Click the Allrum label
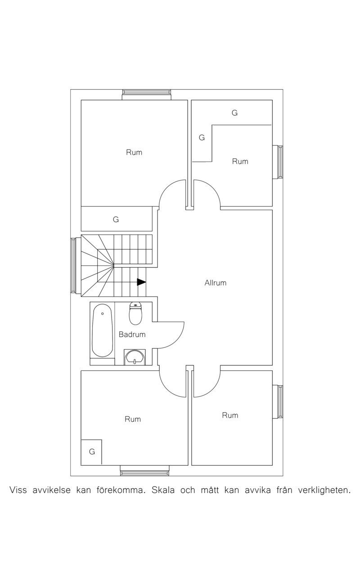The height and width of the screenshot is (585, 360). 215,283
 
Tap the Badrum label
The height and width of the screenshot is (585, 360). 132,334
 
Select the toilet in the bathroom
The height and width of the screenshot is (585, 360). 135,313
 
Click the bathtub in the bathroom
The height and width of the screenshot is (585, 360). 103,330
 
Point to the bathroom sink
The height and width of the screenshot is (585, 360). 135,357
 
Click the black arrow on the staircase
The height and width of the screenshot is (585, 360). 141,282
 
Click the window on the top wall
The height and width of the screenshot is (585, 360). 147,94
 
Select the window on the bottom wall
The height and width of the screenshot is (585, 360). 144,470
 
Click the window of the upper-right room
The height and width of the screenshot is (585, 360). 278,162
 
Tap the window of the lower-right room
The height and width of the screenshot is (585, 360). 278,402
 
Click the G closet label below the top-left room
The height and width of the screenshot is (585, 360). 116,219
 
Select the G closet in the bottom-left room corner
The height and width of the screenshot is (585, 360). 92,451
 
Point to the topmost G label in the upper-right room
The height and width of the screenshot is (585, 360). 234,112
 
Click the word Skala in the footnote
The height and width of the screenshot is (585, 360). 163,490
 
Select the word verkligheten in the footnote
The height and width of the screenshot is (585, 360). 324,490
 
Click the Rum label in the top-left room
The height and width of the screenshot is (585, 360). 134,152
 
